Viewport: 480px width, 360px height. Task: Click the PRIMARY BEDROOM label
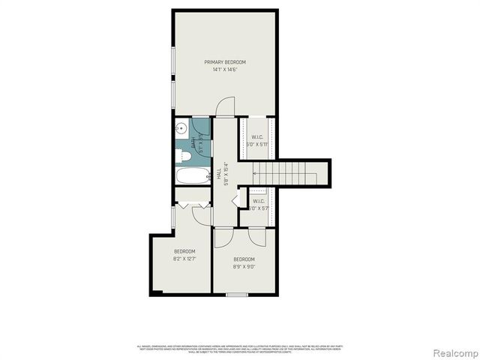click(x=225, y=61)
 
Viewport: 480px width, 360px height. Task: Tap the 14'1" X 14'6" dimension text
click(x=225, y=69)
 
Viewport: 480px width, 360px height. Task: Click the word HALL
click(x=218, y=172)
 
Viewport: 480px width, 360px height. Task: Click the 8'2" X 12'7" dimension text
click(x=184, y=259)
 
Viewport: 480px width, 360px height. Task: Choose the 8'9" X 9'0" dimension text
click(x=244, y=266)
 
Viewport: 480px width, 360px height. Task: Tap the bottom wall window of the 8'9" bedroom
click(x=237, y=294)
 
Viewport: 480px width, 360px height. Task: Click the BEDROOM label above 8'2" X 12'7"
click(x=184, y=251)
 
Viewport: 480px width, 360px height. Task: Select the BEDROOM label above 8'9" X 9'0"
click(x=244, y=259)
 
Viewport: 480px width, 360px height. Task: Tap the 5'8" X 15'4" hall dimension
click(x=225, y=174)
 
